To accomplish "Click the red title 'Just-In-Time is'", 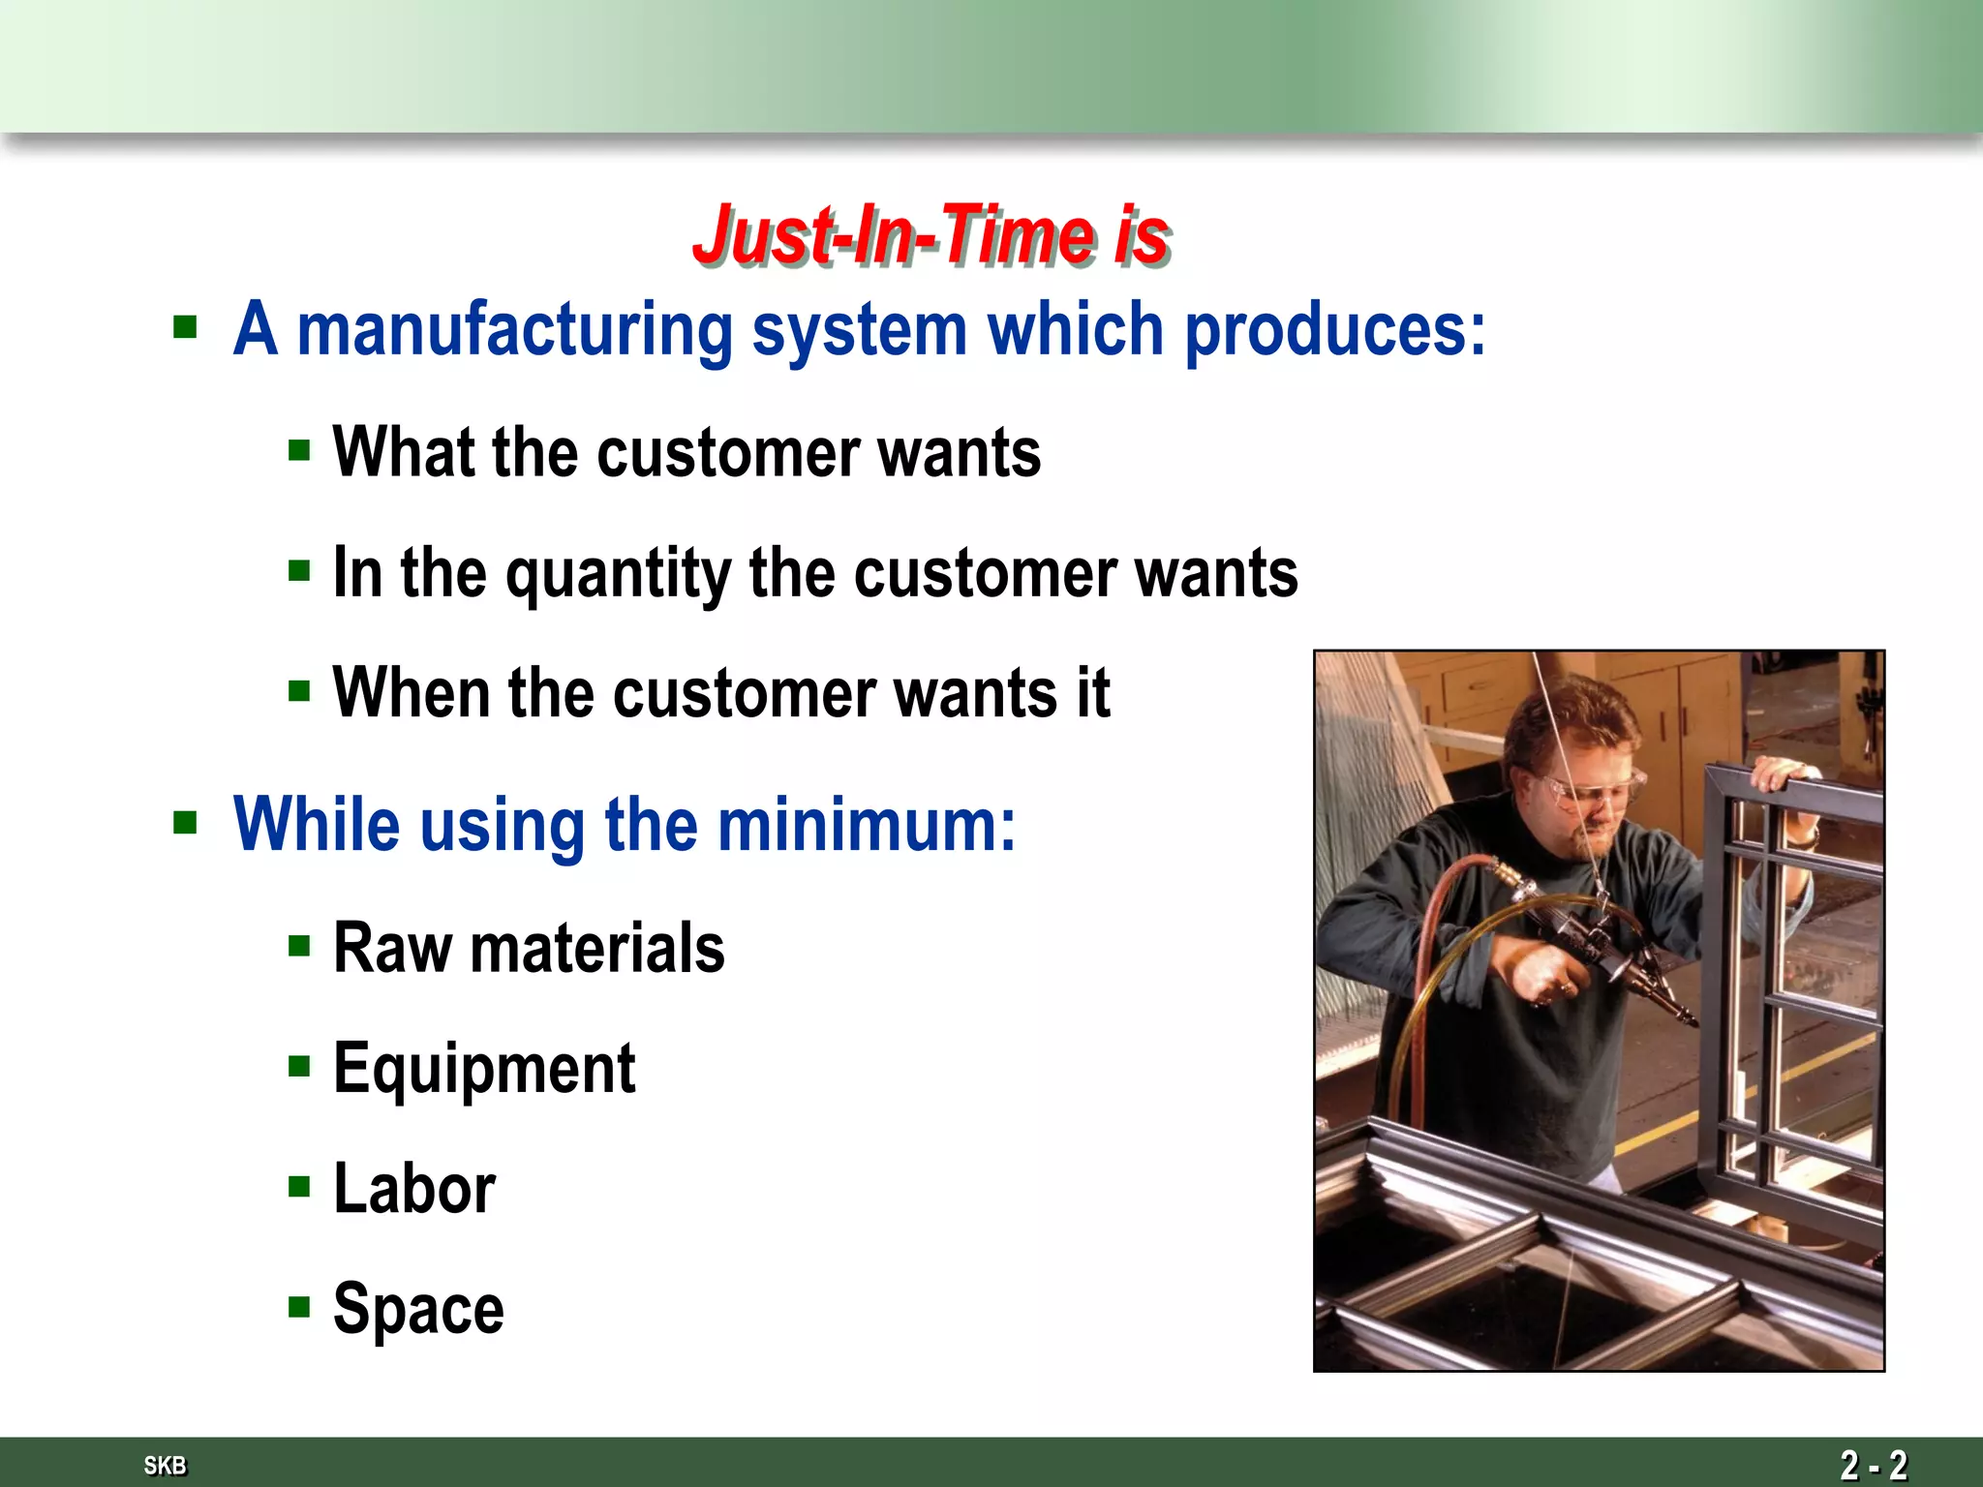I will tap(931, 235).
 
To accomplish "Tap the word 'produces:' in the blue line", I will tap(1335, 329).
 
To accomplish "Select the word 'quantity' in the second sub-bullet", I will tap(618, 573).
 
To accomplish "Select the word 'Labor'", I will tap(414, 1189).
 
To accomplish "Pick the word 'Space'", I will tap(418, 1309).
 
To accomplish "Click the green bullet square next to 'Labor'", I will tap(299, 1187).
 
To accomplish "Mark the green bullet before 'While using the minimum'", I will tap(185, 824).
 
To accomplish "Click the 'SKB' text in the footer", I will tap(165, 1465).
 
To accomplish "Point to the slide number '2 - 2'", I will tap(1873, 1465).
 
